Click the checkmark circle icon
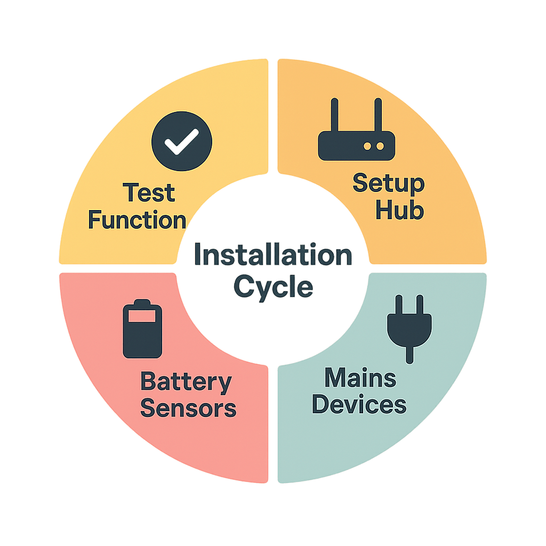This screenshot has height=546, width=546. [x=182, y=140]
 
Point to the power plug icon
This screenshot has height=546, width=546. [x=409, y=325]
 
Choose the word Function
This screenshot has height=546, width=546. [x=137, y=220]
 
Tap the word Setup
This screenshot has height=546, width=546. [x=389, y=184]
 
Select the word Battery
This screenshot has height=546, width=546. [x=186, y=383]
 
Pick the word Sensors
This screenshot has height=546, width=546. [x=188, y=408]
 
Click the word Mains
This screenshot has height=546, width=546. [x=360, y=379]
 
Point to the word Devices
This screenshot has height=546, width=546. [x=359, y=404]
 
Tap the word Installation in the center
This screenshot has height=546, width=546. [x=272, y=256]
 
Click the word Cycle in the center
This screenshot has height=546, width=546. [x=273, y=286]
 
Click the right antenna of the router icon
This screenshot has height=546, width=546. [x=378, y=115]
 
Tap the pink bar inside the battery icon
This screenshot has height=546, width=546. [x=142, y=317]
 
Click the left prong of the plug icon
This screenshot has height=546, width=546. [x=398, y=304]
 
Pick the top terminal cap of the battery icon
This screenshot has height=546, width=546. [x=142, y=303]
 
